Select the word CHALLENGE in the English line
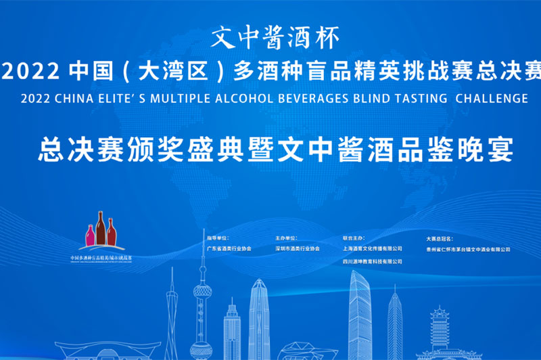492,98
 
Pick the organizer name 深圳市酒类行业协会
298,249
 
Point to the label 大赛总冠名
440,238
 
